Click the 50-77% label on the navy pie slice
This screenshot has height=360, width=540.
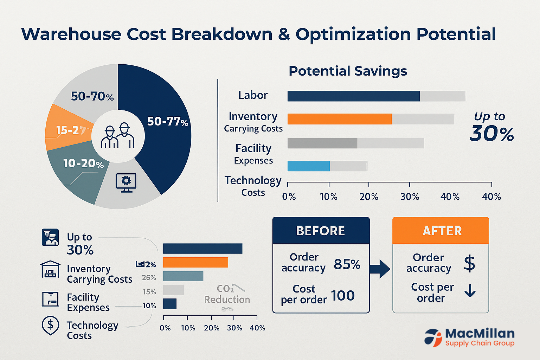point(168,122)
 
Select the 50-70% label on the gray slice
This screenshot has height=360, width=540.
point(92,96)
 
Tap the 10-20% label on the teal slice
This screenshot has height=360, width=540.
point(83,163)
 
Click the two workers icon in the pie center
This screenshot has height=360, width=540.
point(118,136)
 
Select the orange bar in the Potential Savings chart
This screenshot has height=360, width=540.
point(340,119)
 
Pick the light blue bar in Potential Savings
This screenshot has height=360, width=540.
point(309,166)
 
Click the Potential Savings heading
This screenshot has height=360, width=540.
point(348,71)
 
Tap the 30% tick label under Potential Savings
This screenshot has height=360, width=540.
point(410,197)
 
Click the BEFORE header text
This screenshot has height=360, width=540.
point(321,231)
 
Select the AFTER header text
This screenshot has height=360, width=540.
point(442,231)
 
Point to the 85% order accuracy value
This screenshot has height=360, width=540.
point(347,264)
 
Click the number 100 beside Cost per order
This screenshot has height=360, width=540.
point(343,296)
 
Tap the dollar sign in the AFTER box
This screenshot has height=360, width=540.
point(470,263)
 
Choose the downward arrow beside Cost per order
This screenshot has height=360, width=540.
point(470,291)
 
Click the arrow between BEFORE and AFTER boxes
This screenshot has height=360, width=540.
point(380,269)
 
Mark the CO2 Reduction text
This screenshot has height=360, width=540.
point(227,295)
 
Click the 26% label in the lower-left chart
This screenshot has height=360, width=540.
point(149,278)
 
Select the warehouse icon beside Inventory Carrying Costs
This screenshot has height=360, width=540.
point(50,270)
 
